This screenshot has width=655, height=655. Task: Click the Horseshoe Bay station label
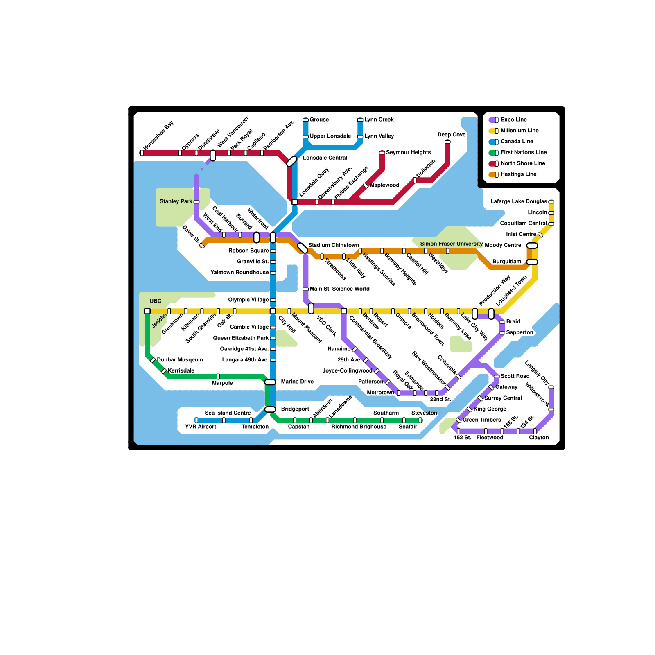(x=158, y=136)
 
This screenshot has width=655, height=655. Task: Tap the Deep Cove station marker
(x=447, y=142)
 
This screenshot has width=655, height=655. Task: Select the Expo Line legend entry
(x=514, y=120)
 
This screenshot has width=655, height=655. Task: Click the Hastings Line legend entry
(x=518, y=174)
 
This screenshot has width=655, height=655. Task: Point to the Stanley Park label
(x=176, y=201)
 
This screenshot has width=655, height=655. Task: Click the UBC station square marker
(x=147, y=311)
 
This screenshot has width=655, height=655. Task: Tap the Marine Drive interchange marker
(x=270, y=382)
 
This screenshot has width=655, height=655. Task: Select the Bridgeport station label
(x=295, y=409)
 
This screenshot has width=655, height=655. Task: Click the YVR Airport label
(x=200, y=427)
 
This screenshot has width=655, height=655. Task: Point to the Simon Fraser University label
(x=451, y=244)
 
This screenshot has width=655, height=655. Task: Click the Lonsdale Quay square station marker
(x=295, y=202)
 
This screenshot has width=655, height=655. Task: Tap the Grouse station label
(x=319, y=120)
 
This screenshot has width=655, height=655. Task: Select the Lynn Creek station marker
(x=360, y=120)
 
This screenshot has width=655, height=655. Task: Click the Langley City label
(x=537, y=372)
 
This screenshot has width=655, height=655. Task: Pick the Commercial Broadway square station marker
(x=344, y=311)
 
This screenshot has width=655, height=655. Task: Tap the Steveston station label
(x=424, y=413)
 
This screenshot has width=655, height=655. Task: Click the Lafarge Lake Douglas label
(x=519, y=201)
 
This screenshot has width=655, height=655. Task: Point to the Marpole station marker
(x=218, y=377)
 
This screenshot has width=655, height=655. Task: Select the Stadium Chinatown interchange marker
(x=303, y=248)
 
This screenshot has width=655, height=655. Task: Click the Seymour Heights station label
(x=408, y=153)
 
